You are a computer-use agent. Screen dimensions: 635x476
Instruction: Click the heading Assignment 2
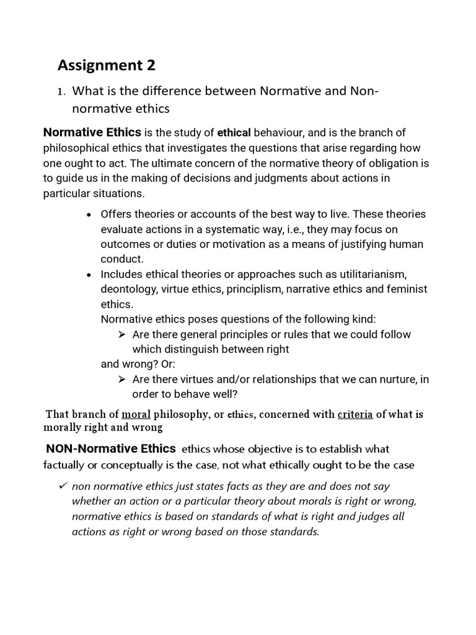click(x=107, y=64)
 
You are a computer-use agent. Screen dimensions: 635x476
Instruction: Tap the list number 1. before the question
click(x=61, y=92)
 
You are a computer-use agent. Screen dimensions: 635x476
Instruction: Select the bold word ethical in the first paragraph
click(x=234, y=133)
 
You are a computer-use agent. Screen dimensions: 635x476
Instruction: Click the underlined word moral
click(x=136, y=414)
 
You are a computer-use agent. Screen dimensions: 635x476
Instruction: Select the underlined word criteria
click(x=355, y=414)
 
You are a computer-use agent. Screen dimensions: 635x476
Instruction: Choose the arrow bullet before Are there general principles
click(x=121, y=335)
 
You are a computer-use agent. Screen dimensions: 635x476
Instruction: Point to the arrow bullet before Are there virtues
click(x=121, y=380)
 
